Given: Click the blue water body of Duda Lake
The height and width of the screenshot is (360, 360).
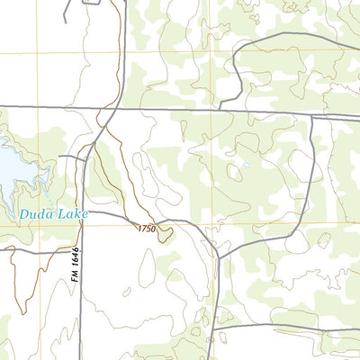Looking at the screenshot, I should coord(11,166).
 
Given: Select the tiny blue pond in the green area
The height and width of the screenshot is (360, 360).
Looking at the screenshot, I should coord(244,166).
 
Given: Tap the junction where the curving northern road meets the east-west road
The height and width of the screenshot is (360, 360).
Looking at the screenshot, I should coord(219,111).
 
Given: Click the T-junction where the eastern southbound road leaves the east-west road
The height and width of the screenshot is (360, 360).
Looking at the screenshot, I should coord(311,115).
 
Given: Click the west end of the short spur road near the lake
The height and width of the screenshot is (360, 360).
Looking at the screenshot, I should coord(60,157).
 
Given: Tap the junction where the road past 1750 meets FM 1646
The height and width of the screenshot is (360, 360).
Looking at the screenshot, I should coord(82,214).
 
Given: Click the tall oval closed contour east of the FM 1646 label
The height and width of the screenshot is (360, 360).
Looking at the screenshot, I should coord(146,267).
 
